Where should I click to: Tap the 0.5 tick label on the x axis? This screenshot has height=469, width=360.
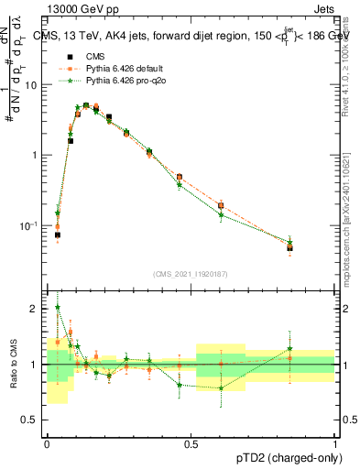click(191, 443)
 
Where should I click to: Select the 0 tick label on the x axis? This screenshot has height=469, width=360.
click(47, 443)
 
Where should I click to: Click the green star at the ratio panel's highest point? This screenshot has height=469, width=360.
click(57, 308)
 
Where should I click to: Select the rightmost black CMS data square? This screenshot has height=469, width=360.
click(289, 247)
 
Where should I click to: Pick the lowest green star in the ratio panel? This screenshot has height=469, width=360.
click(221, 388)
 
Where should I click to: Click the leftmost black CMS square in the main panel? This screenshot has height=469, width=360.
click(57, 234)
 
